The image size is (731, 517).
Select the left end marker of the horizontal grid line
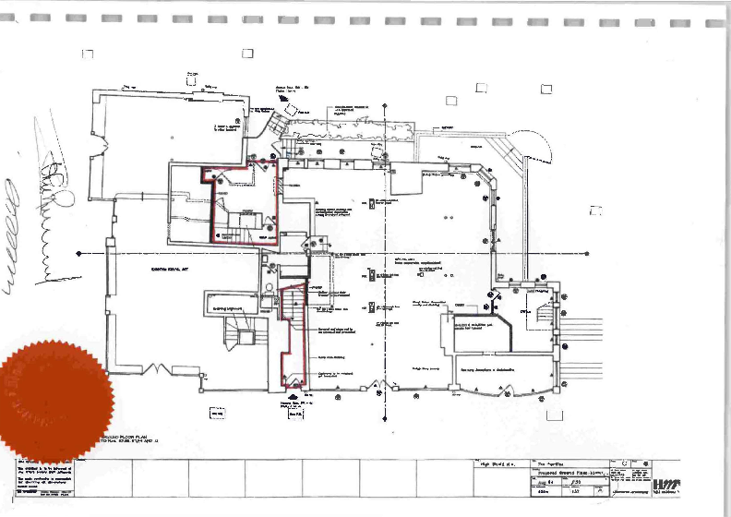[78, 253]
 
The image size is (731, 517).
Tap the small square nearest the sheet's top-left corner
[88, 54]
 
